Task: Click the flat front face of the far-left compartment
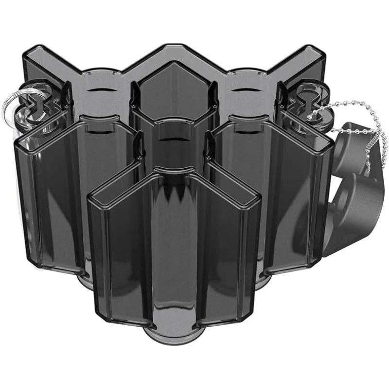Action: [x=46, y=204]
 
